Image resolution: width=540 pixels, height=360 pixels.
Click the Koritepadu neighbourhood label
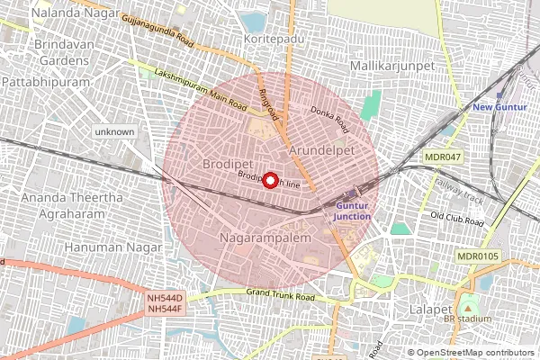(x=270, y=40)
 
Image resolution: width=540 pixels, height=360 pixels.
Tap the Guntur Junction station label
(x=352, y=211)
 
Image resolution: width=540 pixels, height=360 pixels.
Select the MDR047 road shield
(x=444, y=157)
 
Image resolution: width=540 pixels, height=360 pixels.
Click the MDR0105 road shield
(x=477, y=256)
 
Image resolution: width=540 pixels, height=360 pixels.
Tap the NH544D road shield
(x=166, y=297)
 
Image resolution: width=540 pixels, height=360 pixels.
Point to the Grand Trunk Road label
(x=280, y=295)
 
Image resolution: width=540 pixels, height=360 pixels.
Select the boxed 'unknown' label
(x=114, y=132)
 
